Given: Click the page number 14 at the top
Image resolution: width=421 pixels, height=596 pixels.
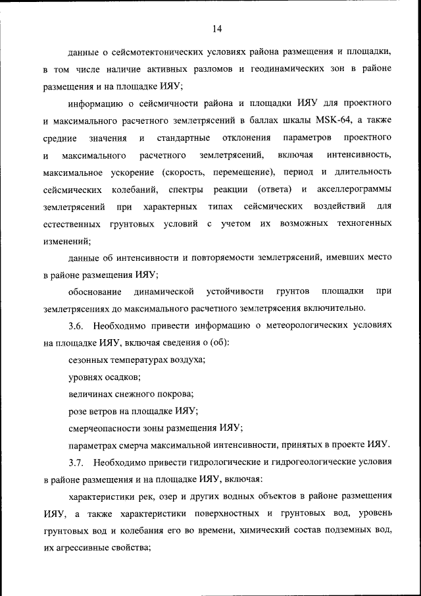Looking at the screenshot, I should (x=217, y=28).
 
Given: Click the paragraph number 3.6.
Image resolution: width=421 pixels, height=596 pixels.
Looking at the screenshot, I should (x=76, y=325).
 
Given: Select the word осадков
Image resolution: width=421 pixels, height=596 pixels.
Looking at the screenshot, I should (x=122, y=377).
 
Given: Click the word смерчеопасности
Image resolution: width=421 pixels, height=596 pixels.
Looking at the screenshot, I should (x=107, y=428).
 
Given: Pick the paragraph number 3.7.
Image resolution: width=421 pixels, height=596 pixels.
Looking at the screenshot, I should (x=76, y=462).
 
